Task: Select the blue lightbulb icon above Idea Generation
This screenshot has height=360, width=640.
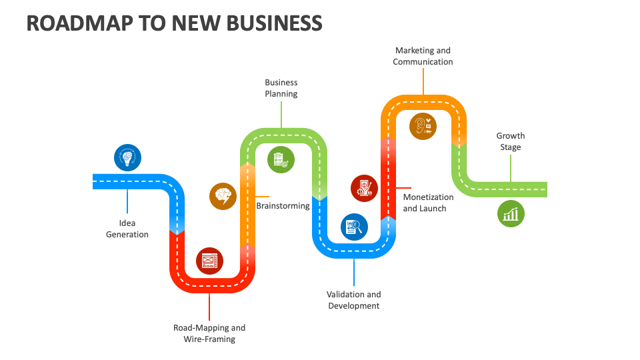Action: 127,158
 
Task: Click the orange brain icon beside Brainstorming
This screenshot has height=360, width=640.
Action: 223,196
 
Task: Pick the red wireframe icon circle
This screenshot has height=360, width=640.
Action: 209,260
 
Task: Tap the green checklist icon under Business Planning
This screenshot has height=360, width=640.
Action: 280,160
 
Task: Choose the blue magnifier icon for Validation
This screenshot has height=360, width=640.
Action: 354,227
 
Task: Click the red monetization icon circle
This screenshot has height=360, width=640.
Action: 364,188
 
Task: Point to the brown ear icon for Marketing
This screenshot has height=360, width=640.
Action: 423,125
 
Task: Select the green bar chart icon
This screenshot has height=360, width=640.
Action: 511,214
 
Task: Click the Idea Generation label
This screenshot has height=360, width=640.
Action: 127,229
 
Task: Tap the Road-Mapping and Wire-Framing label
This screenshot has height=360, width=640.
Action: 209,333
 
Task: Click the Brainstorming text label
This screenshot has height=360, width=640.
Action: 283,206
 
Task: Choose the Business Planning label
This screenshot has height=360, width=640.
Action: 281,88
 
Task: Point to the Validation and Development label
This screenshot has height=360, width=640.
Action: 354,300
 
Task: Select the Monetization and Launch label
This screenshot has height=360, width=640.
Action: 428,203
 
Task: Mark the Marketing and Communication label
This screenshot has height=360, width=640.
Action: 423,56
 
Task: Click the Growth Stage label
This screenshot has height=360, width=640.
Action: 511,141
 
